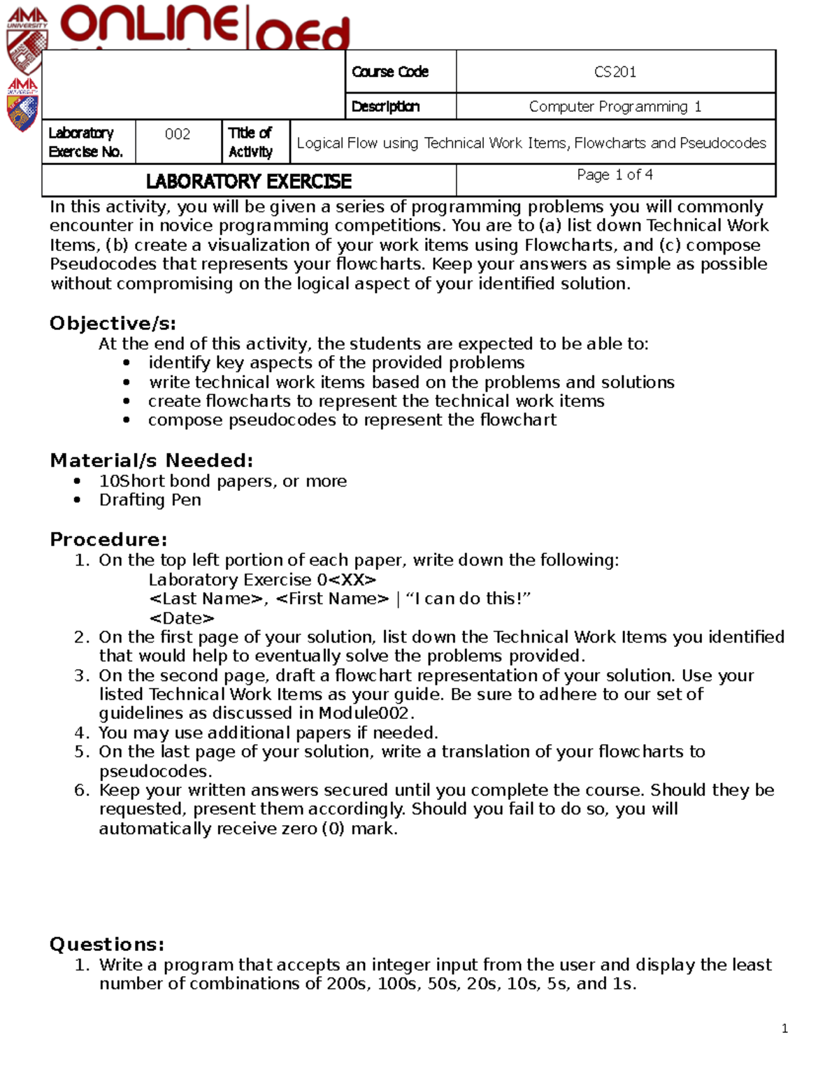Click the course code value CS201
coord(615,72)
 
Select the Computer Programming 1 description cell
coord(615,106)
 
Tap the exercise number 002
coord(178,134)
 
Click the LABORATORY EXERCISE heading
coord(248,182)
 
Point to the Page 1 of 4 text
coord(615,175)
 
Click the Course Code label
coord(390,72)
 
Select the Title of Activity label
coord(250,142)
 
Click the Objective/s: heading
coord(113,324)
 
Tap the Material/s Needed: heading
coord(151,461)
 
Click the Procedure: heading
coord(108,540)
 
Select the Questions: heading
coord(107,945)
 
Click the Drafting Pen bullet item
coord(150,500)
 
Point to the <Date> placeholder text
coord(182,619)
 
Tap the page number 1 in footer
coord(784,1029)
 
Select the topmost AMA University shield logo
coord(27,41)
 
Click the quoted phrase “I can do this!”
coord(468,599)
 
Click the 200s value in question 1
coord(347,984)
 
